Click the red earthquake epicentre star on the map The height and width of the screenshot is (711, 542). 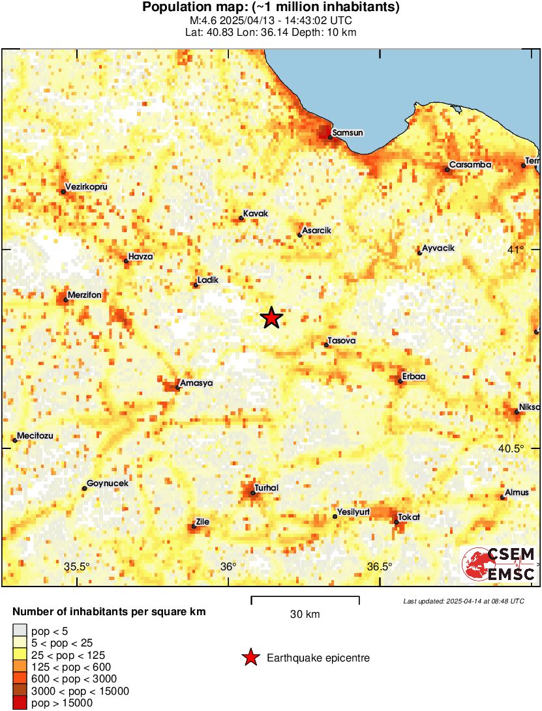[272, 318]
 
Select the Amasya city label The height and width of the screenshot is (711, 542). [196, 383]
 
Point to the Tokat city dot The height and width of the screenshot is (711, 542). [396, 522]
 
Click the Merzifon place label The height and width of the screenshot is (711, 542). [83, 295]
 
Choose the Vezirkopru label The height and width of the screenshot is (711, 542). [85, 187]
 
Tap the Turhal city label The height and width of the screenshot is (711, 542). [266, 488]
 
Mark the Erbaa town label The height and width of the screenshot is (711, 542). [414, 377]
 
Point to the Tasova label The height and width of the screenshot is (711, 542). [342, 340]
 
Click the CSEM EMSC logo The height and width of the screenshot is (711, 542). [499, 564]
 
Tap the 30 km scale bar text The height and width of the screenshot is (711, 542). [305, 614]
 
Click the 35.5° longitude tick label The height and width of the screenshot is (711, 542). [78, 566]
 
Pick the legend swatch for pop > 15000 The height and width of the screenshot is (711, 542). [20, 703]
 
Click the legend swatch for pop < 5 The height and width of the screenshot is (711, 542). [20, 630]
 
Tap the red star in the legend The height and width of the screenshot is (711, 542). [250, 658]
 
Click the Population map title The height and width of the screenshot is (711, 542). [271, 8]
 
